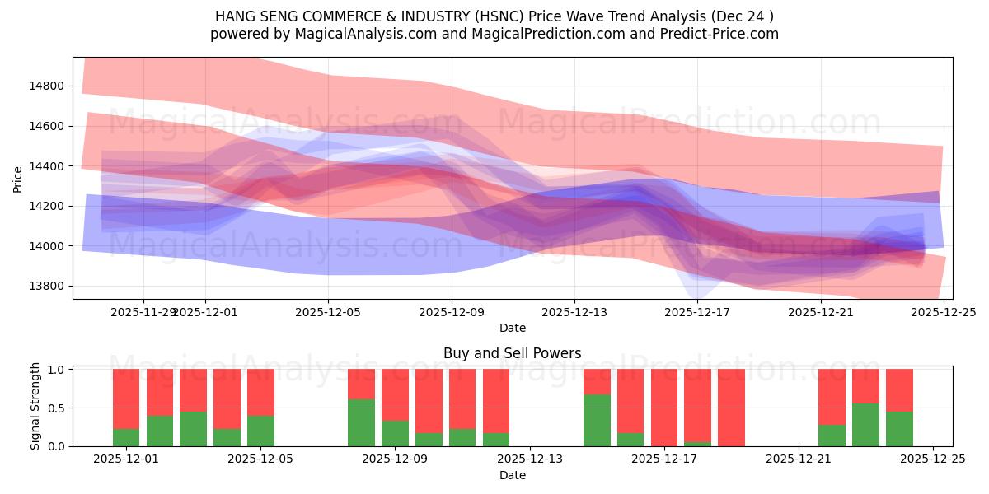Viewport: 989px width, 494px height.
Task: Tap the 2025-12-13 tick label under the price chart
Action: tap(574, 312)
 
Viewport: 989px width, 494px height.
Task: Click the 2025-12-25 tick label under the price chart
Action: tap(944, 312)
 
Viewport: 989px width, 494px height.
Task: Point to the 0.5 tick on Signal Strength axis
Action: tap(55, 408)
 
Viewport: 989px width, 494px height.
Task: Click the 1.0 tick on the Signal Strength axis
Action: tap(55, 370)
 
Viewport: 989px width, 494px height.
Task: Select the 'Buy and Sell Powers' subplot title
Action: tap(512, 353)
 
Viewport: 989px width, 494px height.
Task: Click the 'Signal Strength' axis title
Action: tap(35, 407)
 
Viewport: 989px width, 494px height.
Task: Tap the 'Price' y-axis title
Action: tap(18, 178)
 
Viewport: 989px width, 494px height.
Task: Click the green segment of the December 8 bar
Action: tap(361, 422)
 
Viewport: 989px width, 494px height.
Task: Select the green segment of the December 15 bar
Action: tap(597, 420)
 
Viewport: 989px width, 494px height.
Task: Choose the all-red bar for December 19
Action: tap(731, 408)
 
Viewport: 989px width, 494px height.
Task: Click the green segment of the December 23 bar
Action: tap(865, 425)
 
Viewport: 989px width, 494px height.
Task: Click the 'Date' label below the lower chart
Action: tap(512, 475)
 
